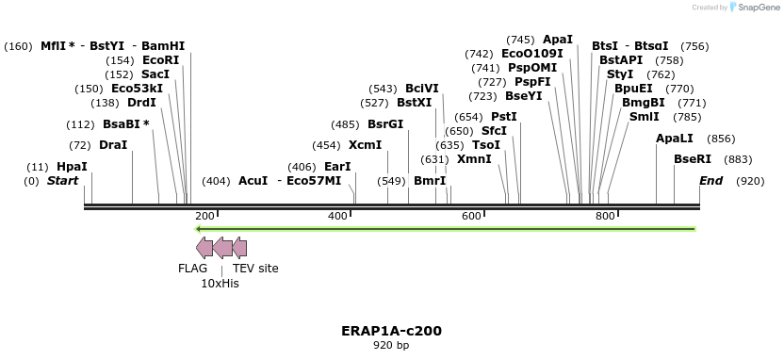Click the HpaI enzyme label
point(72,167)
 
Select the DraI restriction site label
point(112,145)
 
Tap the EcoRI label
point(160,60)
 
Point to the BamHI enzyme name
point(163,45)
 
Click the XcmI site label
point(365,145)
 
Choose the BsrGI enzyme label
point(384,124)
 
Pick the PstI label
point(504,117)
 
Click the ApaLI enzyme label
point(675,139)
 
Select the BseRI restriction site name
point(693,159)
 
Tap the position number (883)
point(738,159)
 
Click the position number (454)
point(326,145)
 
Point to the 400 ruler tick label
point(338,216)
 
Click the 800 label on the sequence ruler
point(606,216)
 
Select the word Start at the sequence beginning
point(63,180)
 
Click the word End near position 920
point(711,180)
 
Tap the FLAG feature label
point(192,269)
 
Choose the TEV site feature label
point(255,269)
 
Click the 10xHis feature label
point(220,283)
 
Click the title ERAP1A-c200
point(391,331)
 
